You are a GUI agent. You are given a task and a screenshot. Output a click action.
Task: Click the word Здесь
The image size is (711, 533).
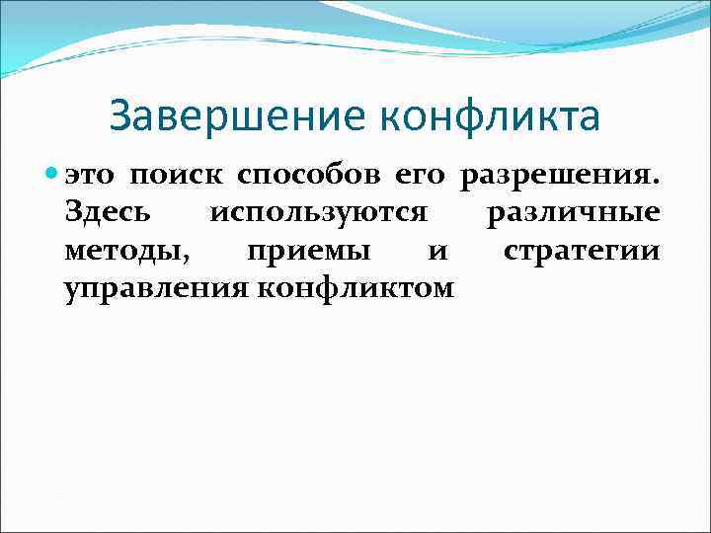click(107, 213)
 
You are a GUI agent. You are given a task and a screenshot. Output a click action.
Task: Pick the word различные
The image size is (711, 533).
click(574, 213)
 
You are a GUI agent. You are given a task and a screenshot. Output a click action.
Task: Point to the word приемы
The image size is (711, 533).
click(308, 251)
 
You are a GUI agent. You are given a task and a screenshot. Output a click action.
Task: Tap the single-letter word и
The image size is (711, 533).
click(437, 252)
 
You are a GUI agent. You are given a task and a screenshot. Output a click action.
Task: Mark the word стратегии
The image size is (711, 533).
click(581, 251)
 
